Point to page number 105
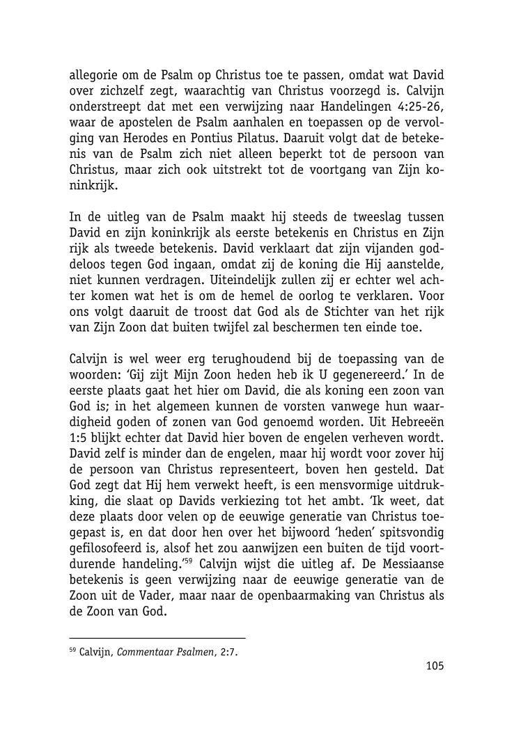(434, 666)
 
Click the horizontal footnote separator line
(157, 638)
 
